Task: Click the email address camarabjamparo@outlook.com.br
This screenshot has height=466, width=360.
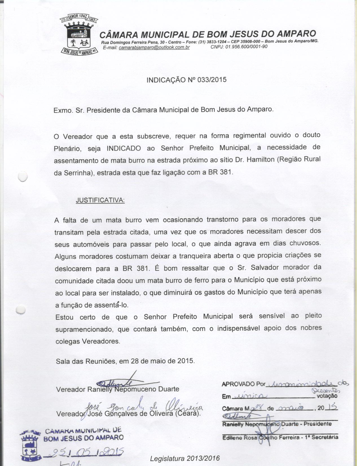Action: (154, 47)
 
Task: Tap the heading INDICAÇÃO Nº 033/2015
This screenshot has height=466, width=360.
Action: (186, 80)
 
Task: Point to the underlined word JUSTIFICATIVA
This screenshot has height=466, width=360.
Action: (100, 201)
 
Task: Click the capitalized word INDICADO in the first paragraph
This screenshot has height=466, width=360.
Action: (124, 149)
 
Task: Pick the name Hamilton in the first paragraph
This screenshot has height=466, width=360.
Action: (260, 160)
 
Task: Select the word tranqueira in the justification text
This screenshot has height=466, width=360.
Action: (199, 256)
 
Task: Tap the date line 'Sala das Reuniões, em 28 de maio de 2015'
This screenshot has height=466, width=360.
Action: (125, 361)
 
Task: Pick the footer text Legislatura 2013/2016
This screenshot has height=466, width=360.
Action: (185, 459)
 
